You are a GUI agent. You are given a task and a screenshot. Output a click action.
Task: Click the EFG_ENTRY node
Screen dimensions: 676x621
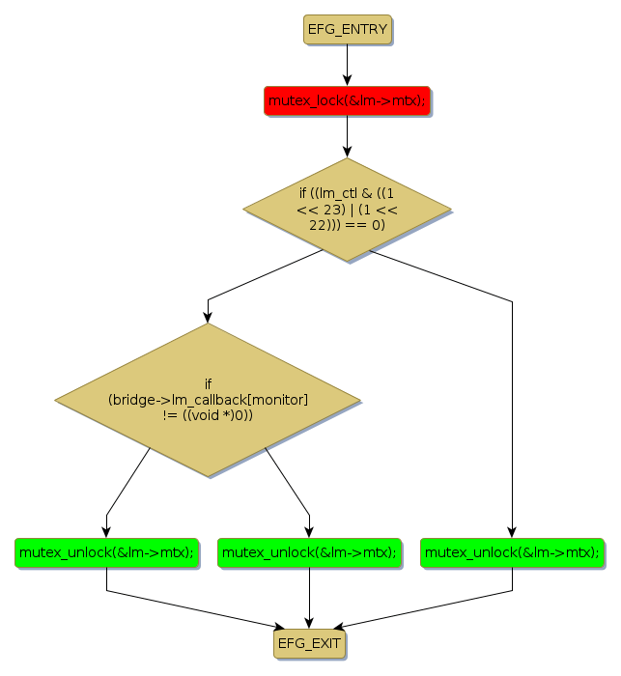click(x=347, y=29)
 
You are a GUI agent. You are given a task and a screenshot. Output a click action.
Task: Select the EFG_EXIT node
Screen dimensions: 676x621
click(x=309, y=642)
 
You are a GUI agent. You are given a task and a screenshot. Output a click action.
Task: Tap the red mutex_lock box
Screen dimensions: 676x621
click(x=347, y=100)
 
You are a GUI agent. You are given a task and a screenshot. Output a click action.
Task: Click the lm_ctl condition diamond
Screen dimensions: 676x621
click(x=347, y=209)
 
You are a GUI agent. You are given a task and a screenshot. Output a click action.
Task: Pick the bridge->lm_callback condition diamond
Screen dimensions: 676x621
click(x=208, y=399)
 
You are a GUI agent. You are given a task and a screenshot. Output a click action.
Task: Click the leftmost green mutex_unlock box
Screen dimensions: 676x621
click(x=106, y=552)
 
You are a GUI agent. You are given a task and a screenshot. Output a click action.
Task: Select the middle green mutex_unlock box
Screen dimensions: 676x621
click(x=309, y=552)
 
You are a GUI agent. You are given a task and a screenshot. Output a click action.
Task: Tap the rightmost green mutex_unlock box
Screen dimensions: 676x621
click(x=512, y=552)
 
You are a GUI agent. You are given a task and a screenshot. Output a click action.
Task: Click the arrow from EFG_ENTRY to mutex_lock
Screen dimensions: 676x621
click(x=347, y=65)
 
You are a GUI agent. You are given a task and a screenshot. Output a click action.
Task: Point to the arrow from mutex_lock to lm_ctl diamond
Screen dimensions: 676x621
click(x=347, y=136)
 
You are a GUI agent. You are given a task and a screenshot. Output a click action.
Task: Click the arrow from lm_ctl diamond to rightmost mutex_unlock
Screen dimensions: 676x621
click(x=512, y=406)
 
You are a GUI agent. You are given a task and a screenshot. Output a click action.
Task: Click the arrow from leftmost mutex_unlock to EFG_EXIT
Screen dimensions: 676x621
click(x=193, y=608)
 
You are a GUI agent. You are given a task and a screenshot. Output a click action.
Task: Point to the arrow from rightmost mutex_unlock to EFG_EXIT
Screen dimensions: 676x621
click(x=425, y=608)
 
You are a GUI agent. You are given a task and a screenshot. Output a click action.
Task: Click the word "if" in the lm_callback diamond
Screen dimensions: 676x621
click(x=208, y=383)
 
